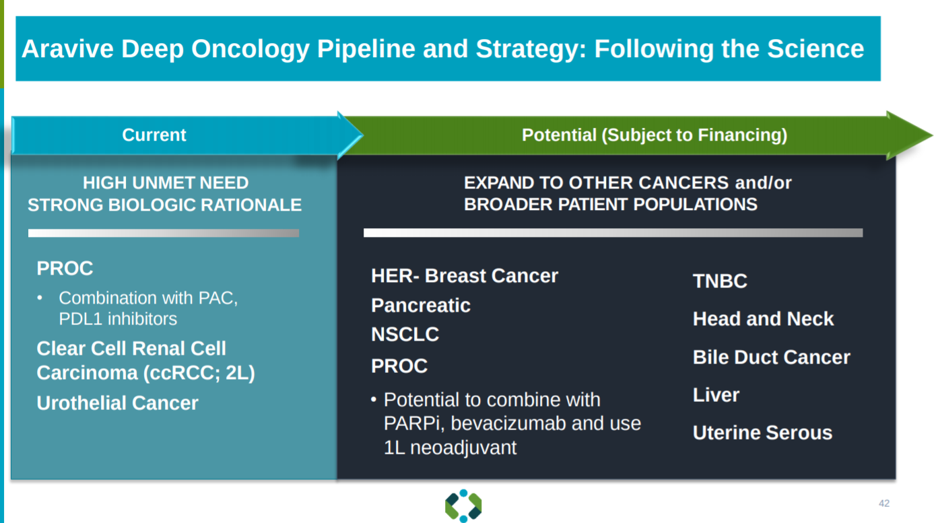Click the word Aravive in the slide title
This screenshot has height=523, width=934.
67,48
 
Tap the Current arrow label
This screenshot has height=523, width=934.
154,135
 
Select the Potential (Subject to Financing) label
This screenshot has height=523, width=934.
655,135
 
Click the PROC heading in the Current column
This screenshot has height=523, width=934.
65,269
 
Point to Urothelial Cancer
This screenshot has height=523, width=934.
118,403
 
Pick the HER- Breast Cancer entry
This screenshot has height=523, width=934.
465,276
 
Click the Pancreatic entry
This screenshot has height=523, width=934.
421,306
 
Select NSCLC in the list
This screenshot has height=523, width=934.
405,335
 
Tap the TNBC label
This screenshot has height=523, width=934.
720,281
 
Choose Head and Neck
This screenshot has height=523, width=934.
763,319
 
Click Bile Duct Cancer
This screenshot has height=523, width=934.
772,357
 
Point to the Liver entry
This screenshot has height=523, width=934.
716,395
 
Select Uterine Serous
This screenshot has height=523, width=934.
763,433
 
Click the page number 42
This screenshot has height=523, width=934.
884,503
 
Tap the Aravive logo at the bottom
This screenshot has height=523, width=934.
463,505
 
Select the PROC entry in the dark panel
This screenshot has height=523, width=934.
399,366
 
